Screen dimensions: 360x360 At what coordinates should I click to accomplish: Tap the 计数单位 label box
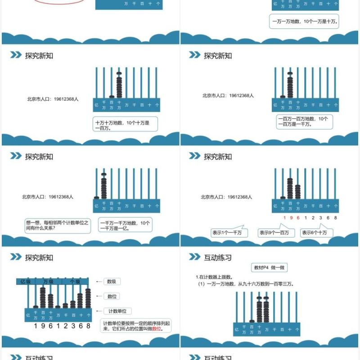pos(117,311)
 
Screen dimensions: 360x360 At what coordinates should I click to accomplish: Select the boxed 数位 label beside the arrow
pos(112,296)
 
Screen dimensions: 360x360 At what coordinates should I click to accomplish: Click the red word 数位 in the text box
pos(157,329)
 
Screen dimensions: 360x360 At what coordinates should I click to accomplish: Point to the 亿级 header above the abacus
pos(26,282)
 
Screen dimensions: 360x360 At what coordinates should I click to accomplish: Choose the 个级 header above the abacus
pos(75,282)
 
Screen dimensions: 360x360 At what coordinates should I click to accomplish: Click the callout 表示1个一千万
pos(227,233)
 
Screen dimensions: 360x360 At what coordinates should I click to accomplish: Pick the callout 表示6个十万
pos(317,233)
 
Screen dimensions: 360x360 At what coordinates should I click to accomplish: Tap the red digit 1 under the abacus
pos(284,218)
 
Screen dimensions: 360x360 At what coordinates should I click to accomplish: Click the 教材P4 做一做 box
pos(269,268)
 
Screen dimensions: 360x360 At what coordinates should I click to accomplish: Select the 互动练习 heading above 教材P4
pos(218,258)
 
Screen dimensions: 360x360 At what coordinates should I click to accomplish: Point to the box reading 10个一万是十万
pos(304,21)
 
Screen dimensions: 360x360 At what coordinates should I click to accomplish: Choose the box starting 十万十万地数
pos(125,125)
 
